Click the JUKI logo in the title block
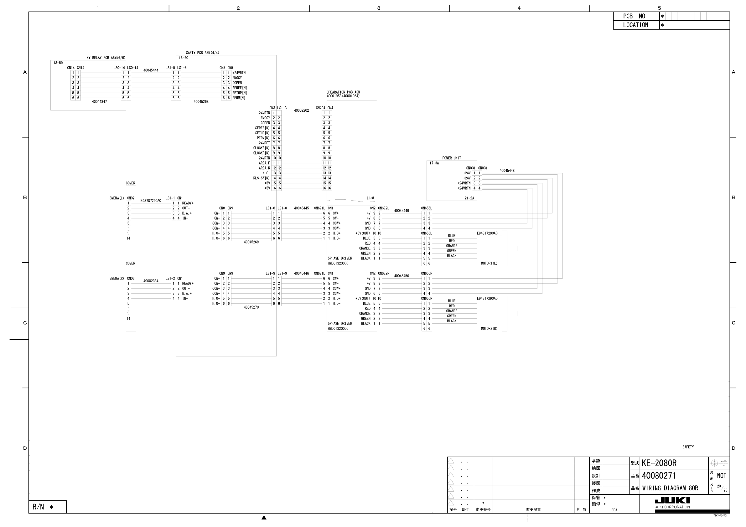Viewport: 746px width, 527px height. [672, 500]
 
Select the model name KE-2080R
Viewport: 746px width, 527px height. [659, 463]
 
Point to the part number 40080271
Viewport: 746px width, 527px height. [659, 476]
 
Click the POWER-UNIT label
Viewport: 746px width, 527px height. [451, 158]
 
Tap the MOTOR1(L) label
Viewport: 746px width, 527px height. [489, 263]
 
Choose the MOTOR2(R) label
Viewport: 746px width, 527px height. [489, 329]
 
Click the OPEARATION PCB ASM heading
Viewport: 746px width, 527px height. [343, 92]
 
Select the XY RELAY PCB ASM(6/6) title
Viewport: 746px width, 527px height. [106, 58]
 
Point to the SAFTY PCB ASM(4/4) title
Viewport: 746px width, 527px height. [202, 53]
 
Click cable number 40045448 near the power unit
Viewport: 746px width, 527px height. [507, 171]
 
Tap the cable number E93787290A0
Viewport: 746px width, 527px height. [151, 201]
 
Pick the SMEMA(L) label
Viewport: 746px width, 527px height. [117, 198]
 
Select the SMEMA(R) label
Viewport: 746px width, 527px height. [117, 279]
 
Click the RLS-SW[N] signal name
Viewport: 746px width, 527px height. [262, 178]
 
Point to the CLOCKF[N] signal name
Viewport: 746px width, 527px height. [262, 148]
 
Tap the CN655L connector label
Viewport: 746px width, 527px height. [427, 208]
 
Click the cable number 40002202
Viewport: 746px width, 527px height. [301, 110]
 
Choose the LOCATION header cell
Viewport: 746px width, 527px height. [635, 25]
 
